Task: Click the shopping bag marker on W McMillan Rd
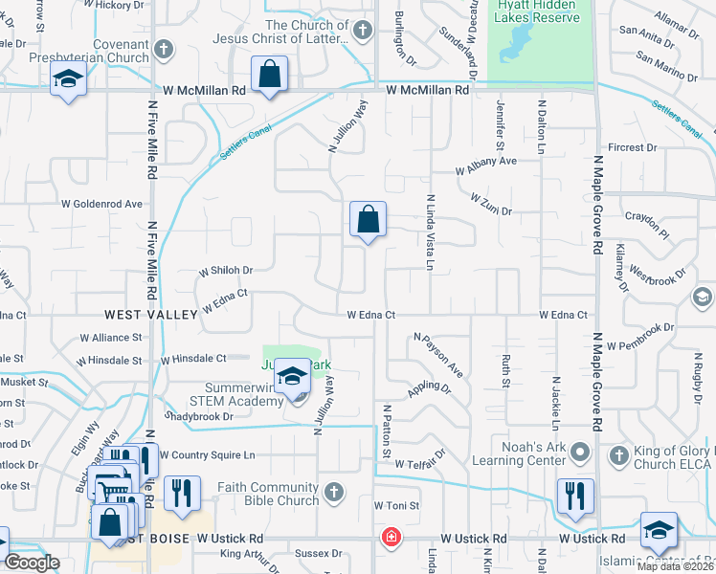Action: point(270,76)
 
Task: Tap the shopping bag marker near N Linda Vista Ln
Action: point(368,220)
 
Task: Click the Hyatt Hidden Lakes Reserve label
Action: point(539,11)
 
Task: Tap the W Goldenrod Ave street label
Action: point(102,204)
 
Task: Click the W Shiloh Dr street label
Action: point(226,271)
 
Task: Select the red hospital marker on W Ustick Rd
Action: point(391,538)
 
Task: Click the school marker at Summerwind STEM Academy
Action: point(293,377)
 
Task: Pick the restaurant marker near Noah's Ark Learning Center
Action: point(575,497)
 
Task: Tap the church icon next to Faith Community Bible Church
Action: point(333,493)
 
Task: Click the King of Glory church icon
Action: point(618,453)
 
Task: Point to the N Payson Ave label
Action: point(438,353)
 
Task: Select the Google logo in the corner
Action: point(32,562)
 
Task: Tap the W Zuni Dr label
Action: point(491,203)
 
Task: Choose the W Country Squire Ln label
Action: point(208,454)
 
